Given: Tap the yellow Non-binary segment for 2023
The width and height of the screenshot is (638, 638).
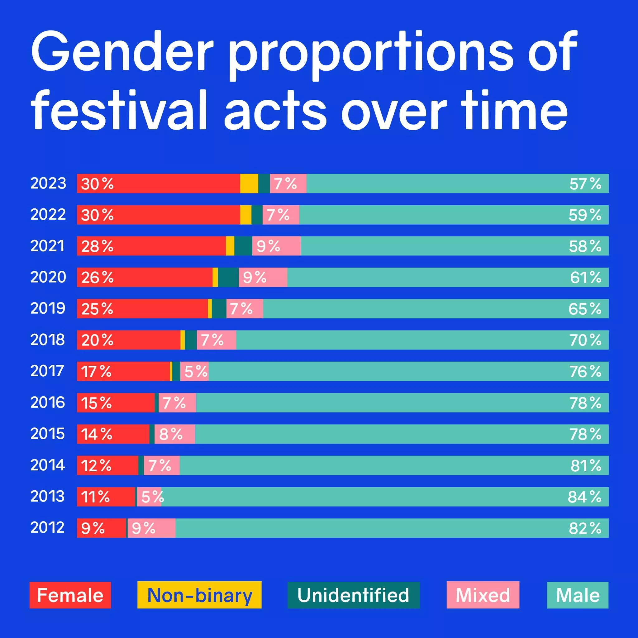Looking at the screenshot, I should [249, 183].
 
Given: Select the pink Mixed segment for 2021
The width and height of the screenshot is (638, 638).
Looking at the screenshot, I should [276, 246].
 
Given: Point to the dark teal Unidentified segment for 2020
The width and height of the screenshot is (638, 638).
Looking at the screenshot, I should [228, 277].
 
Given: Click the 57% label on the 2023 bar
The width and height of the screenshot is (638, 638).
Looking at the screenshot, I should [585, 183].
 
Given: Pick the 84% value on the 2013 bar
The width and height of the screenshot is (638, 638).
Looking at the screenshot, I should [584, 497].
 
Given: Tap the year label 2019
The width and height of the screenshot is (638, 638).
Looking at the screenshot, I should [48, 308].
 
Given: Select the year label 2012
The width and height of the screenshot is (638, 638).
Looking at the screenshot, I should [48, 527].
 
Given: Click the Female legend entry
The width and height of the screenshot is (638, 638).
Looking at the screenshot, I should [70, 595].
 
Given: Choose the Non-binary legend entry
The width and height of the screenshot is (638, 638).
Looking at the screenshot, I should [199, 595].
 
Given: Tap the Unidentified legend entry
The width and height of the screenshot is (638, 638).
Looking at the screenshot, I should [353, 595].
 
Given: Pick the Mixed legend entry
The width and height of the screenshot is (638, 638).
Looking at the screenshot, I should [483, 595].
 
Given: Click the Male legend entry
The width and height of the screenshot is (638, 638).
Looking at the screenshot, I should [578, 595].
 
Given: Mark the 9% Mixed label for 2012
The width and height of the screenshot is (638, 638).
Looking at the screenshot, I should [143, 528].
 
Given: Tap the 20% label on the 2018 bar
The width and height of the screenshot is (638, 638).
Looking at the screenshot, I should [97, 340].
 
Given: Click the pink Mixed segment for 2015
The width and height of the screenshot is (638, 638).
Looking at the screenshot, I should [175, 434].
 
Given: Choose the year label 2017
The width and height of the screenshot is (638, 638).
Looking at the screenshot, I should [47, 371].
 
